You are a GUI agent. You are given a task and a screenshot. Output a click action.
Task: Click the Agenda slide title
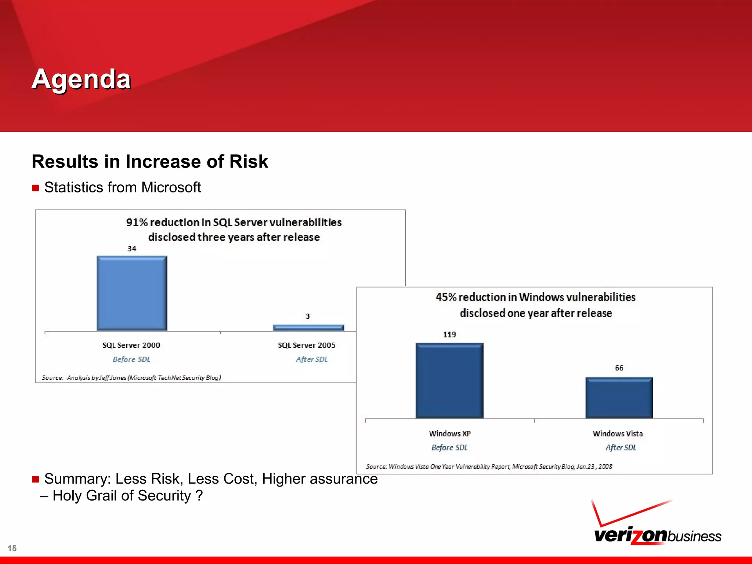(81, 79)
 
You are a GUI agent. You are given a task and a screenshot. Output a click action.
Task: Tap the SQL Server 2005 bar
(308, 328)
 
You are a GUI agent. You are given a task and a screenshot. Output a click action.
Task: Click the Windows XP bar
(449, 380)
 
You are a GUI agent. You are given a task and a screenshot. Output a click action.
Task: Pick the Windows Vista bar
(619, 398)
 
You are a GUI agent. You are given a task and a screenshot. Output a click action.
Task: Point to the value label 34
(132, 249)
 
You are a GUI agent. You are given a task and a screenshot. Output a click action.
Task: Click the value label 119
(449, 335)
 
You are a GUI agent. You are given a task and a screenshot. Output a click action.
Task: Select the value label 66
(619, 368)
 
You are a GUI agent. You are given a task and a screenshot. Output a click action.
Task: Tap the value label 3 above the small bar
(308, 316)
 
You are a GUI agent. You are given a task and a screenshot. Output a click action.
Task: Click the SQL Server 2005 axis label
(307, 345)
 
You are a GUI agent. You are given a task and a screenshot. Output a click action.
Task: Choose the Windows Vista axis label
(618, 434)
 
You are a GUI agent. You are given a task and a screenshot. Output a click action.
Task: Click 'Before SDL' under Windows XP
(449, 448)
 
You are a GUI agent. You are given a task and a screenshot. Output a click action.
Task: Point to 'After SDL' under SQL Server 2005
(311, 359)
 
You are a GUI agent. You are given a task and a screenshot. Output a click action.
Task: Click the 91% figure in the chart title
(137, 223)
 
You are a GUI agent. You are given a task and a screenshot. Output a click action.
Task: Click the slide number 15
(12, 548)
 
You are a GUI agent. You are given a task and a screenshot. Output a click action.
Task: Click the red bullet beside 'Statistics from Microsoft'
(36, 188)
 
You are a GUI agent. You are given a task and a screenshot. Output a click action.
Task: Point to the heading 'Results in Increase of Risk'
(150, 162)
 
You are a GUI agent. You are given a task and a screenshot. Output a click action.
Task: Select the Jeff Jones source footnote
(131, 377)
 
